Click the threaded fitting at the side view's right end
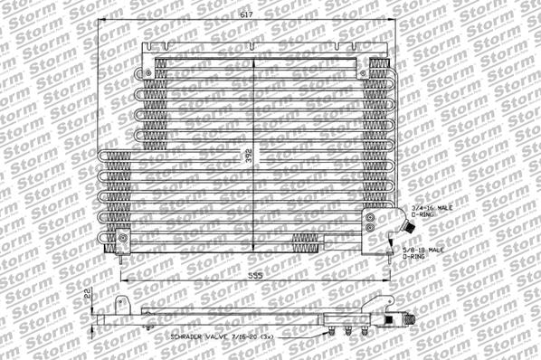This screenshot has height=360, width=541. (406, 318)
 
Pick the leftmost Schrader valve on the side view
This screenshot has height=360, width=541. (334, 330)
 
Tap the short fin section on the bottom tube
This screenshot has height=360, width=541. (305, 242)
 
